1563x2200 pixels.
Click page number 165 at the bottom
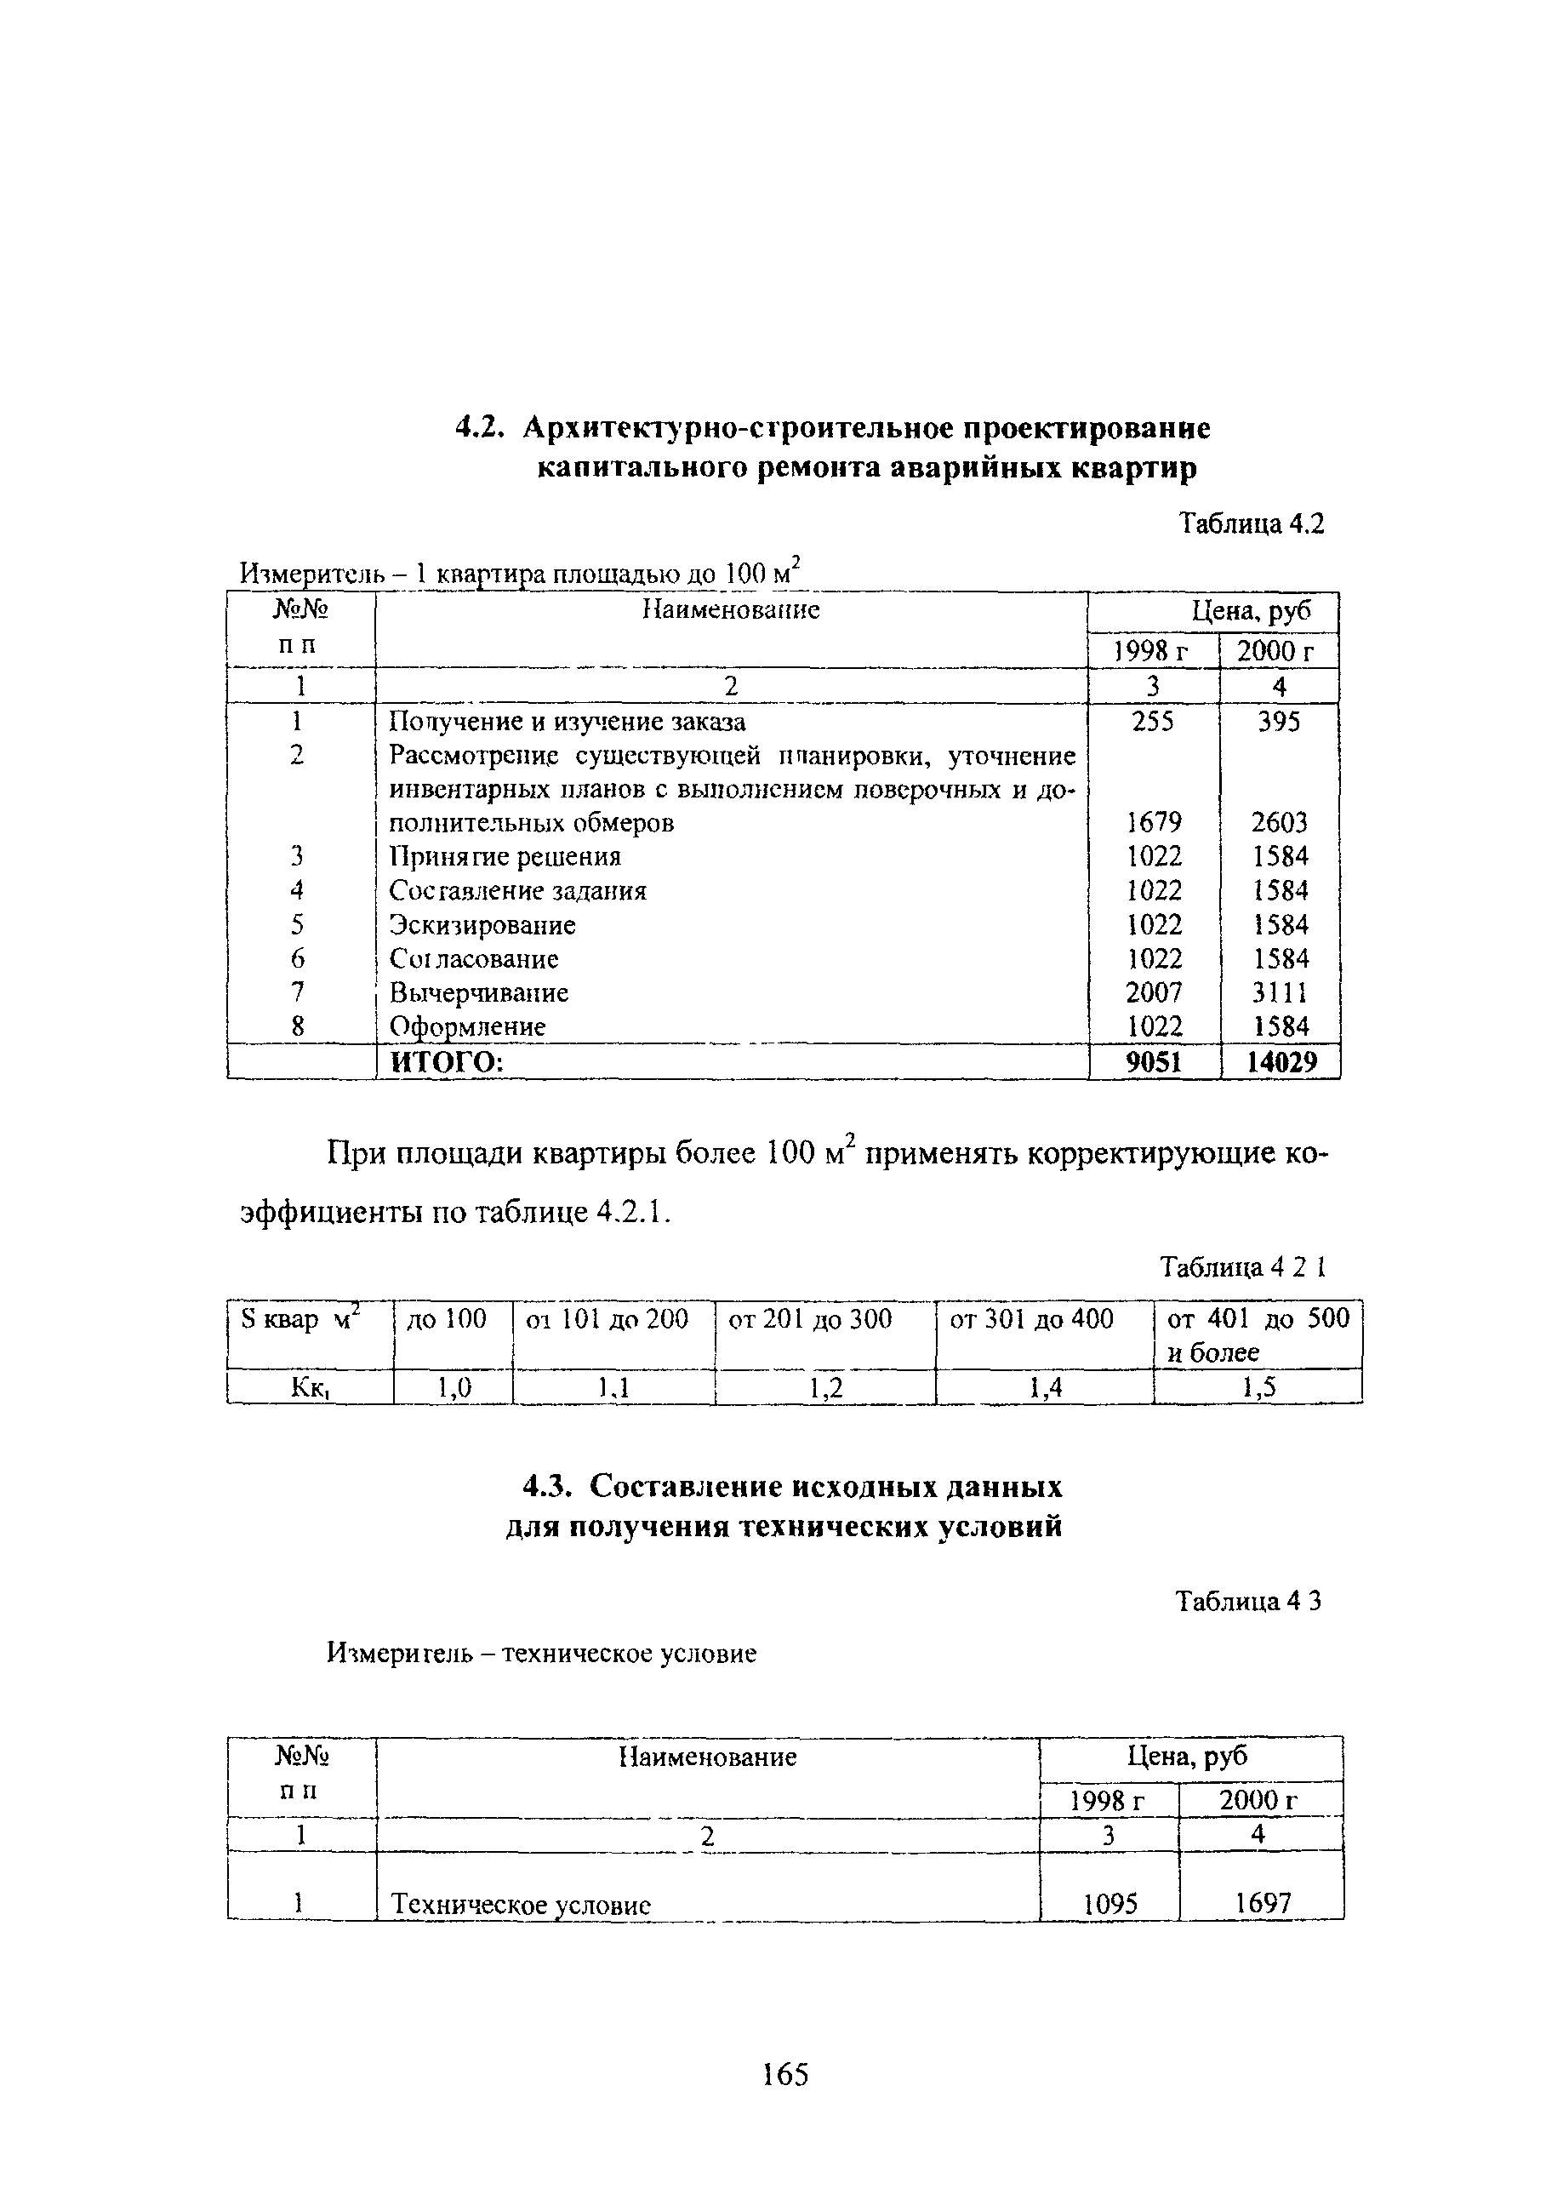tap(784, 2074)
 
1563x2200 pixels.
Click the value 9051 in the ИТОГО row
tap(1153, 1062)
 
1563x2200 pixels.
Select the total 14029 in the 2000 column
tap(1280, 1062)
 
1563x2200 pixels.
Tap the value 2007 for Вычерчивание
tap(1154, 991)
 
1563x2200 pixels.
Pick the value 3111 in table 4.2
tap(1280, 991)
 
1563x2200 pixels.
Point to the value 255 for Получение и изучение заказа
tap(1153, 721)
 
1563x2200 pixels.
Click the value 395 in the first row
tap(1279, 721)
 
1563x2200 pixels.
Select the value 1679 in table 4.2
tap(1154, 822)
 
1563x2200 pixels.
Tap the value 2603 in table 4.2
tap(1279, 822)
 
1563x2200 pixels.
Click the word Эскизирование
tap(482, 924)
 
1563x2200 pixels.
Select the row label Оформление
tap(467, 1026)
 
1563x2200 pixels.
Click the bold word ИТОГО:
tap(446, 1062)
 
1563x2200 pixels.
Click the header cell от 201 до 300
tap(809, 1318)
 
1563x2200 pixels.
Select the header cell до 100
tap(447, 1318)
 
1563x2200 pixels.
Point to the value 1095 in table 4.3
tap(1110, 1904)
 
